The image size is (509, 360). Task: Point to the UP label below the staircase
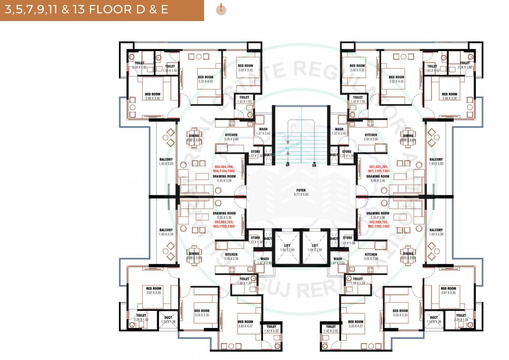click(x=287, y=165)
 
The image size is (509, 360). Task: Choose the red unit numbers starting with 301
click(x=378, y=169)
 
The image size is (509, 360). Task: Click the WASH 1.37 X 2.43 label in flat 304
click(x=263, y=132)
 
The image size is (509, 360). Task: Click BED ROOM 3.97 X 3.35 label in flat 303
click(x=153, y=291)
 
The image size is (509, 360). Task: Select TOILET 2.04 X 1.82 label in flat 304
click(x=139, y=65)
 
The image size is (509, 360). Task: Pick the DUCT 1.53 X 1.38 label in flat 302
click(x=434, y=320)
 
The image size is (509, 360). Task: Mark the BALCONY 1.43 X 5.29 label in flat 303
click(x=166, y=232)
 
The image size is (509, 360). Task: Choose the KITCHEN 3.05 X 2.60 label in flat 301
click(x=371, y=137)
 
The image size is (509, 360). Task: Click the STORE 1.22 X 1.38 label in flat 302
click(x=347, y=240)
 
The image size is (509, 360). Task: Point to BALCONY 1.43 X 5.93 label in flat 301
click(x=436, y=161)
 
